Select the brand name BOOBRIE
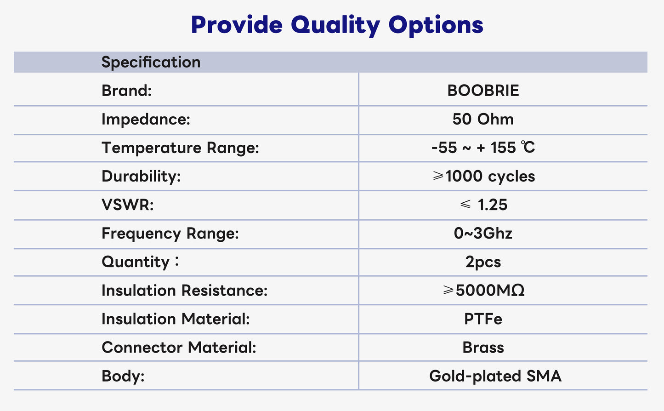pos(483,91)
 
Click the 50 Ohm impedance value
pos(483,119)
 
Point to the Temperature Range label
pos(180,148)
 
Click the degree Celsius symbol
pos(528,148)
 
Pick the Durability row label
pos(141,176)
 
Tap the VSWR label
pos(128,205)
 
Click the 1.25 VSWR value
pos(492,205)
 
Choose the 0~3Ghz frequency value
pos(483,234)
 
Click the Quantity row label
pos(140,262)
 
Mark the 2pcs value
pos(483,262)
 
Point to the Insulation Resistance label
pos(184,290)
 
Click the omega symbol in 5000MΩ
pos(518,290)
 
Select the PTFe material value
pos(483,319)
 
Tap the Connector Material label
pos(179,348)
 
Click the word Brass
pos(483,348)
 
